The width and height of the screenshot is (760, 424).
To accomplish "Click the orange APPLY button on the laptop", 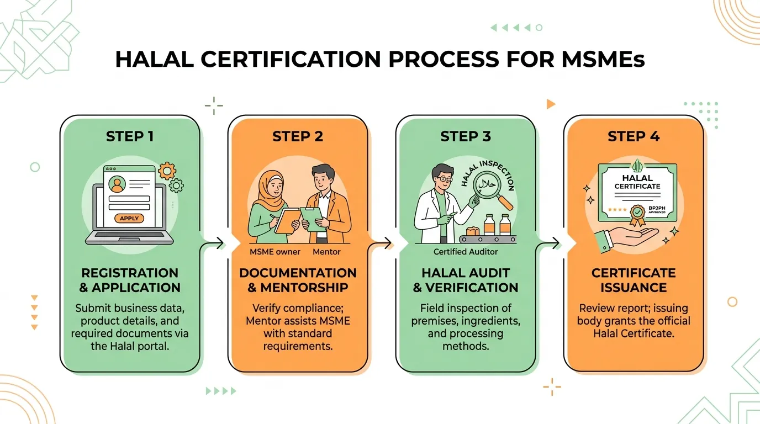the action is click(129, 218).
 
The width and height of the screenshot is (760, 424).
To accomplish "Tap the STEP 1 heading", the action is click(130, 136).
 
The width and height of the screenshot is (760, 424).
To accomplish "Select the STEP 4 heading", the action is click(634, 136).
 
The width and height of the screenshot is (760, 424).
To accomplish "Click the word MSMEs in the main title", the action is click(603, 60).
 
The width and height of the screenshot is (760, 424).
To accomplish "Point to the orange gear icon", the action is click(167, 171).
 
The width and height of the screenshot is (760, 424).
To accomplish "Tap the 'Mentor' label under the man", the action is click(326, 252).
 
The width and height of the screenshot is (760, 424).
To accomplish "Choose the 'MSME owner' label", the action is click(275, 252).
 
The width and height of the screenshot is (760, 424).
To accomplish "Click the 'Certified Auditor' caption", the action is click(466, 252).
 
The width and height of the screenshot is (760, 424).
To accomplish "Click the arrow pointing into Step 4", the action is click(548, 243).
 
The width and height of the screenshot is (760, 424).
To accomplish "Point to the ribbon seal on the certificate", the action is click(637, 215).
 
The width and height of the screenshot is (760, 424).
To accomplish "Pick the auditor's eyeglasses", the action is click(445, 179).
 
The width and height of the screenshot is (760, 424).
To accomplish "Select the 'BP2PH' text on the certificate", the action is click(657, 208).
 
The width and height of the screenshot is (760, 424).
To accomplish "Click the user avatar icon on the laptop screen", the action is click(117, 184).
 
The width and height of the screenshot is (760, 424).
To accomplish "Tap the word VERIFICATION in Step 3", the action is click(472, 288).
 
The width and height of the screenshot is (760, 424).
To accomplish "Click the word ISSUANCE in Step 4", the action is click(634, 288).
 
